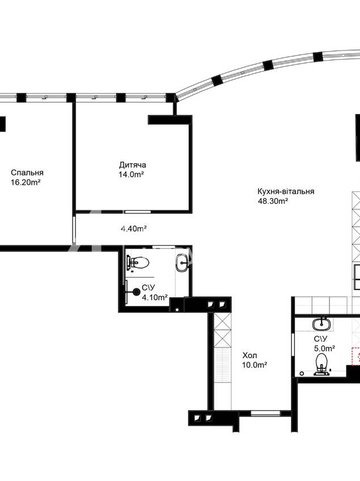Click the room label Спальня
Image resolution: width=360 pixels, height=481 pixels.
tap(27, 172)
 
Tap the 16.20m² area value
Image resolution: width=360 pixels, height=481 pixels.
tap(26, 182)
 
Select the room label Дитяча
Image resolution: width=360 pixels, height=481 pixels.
tap(133, 165)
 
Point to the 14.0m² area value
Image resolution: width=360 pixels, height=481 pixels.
tap(132, 174)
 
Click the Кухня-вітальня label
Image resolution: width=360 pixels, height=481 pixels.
tap(286, 191)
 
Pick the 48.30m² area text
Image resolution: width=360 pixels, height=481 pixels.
tap(273, 201)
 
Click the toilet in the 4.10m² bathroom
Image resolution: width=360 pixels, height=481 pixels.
tap(138, 262)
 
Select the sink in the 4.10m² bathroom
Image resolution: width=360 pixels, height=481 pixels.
tap(183, 263)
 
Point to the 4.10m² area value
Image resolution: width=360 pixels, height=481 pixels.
tap(155, 297)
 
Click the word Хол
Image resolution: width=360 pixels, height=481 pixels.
tap(250, 356)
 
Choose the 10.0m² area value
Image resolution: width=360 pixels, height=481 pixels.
tap(255, 365)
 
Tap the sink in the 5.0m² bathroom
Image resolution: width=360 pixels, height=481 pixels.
tap(321, 324)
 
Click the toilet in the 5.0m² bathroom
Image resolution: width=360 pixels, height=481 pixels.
tap(321, 364)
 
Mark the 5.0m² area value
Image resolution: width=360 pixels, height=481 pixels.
tap(324, 348)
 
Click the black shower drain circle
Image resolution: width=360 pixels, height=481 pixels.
tap(136, 292)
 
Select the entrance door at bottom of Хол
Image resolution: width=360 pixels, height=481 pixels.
tap(265, 413)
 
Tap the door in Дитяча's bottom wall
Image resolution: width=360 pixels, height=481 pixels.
tap(138, 212)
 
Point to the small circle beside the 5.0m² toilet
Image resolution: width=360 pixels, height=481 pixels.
tap(302, 373)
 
